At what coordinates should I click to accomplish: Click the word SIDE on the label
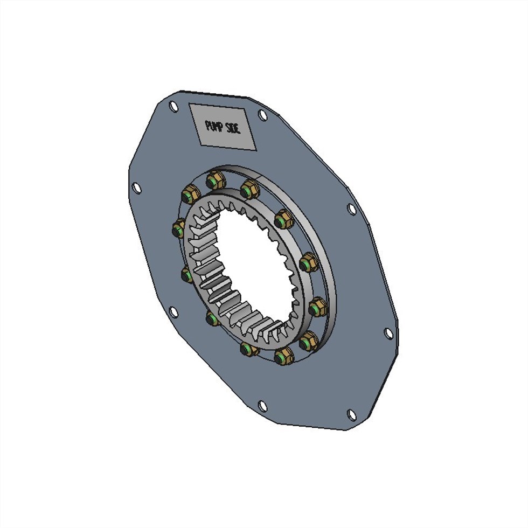tap(238, 129)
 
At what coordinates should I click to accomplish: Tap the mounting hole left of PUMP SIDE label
tap(173, 106)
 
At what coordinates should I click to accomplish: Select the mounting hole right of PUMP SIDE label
tap(262, 115)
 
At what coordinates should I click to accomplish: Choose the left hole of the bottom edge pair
tap(262, 405)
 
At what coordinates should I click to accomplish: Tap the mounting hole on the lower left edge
tap(173, 312)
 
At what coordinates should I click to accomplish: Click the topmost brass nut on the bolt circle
tap(215, 179)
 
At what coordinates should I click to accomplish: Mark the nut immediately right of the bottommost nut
tap(309, 341)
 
